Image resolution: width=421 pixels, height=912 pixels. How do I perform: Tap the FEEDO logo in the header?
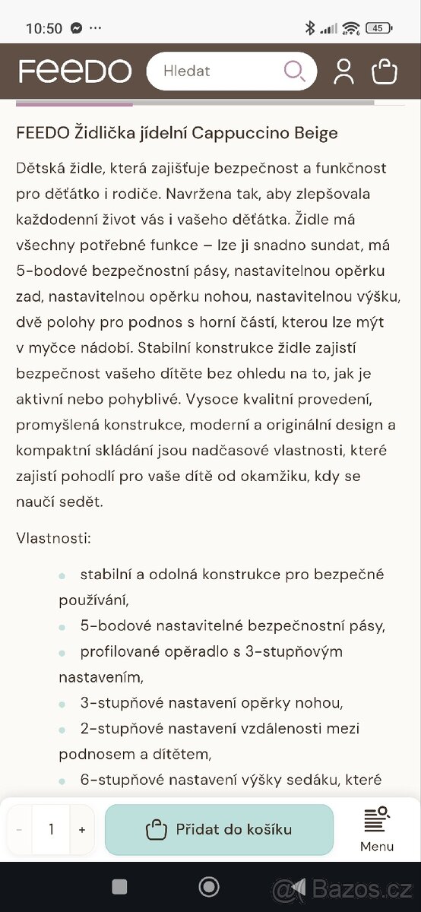(x=74, y=71)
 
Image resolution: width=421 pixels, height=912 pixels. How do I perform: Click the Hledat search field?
(x=213, y=71)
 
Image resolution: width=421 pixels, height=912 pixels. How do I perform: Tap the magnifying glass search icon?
(x=294, y=71)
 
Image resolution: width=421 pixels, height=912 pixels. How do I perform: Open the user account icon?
(x=343, y=71)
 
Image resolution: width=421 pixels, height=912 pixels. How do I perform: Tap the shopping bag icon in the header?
(x=385, y=71)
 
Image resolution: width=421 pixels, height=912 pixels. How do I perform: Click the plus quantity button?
(x=82, y=830)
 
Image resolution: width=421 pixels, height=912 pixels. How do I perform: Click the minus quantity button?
(x=19, y=830)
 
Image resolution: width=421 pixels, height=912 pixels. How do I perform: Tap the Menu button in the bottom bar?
(x=377, y=829)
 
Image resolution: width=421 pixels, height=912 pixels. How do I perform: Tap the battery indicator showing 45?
(x=378, y=28)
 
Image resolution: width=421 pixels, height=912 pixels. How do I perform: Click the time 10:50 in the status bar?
(x=44, y=28)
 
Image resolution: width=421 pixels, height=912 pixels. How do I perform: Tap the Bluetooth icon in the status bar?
(x=309, y=28)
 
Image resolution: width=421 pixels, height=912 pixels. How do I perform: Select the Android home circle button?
(x=209, y=886)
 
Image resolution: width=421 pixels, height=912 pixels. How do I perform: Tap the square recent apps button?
(x=119, y=886)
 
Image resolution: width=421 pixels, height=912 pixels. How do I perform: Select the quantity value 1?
(x=51, y=830)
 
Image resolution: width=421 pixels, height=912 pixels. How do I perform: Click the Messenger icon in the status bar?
(x=76, y=28)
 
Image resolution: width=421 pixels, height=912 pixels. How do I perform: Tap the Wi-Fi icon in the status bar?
(x=350, y=28)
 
